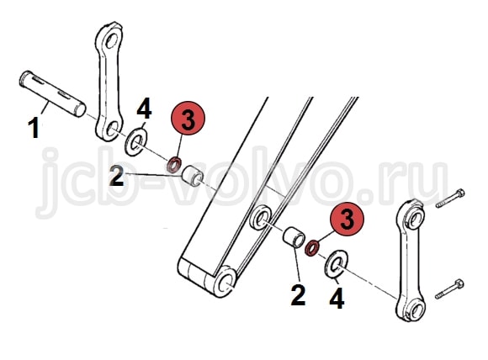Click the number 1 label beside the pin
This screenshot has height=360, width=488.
point(34,129)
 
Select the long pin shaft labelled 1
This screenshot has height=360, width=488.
point(52,93)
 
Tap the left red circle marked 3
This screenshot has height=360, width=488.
point(188,118)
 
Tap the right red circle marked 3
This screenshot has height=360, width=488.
point(347,219)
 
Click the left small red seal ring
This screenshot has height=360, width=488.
point(174,165)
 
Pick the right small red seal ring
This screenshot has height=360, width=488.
point(311,248)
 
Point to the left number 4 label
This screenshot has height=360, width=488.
point(144,109)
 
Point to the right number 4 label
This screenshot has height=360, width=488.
point(337,298)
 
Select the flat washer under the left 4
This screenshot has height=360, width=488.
point(136,142)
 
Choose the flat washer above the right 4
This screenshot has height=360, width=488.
point(337,264)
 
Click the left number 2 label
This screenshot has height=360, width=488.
point(117,175)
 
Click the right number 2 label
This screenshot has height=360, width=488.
point(298,294)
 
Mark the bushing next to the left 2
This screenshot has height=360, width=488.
point(193,176)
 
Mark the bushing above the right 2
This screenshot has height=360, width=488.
point(294,238)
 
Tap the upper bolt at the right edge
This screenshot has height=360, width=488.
point(450,199)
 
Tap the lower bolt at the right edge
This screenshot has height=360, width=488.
point(449,289)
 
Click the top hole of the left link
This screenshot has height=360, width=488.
point(111,40)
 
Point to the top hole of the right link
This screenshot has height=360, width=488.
point(416,218)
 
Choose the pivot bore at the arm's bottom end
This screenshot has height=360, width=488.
point(225,282)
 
